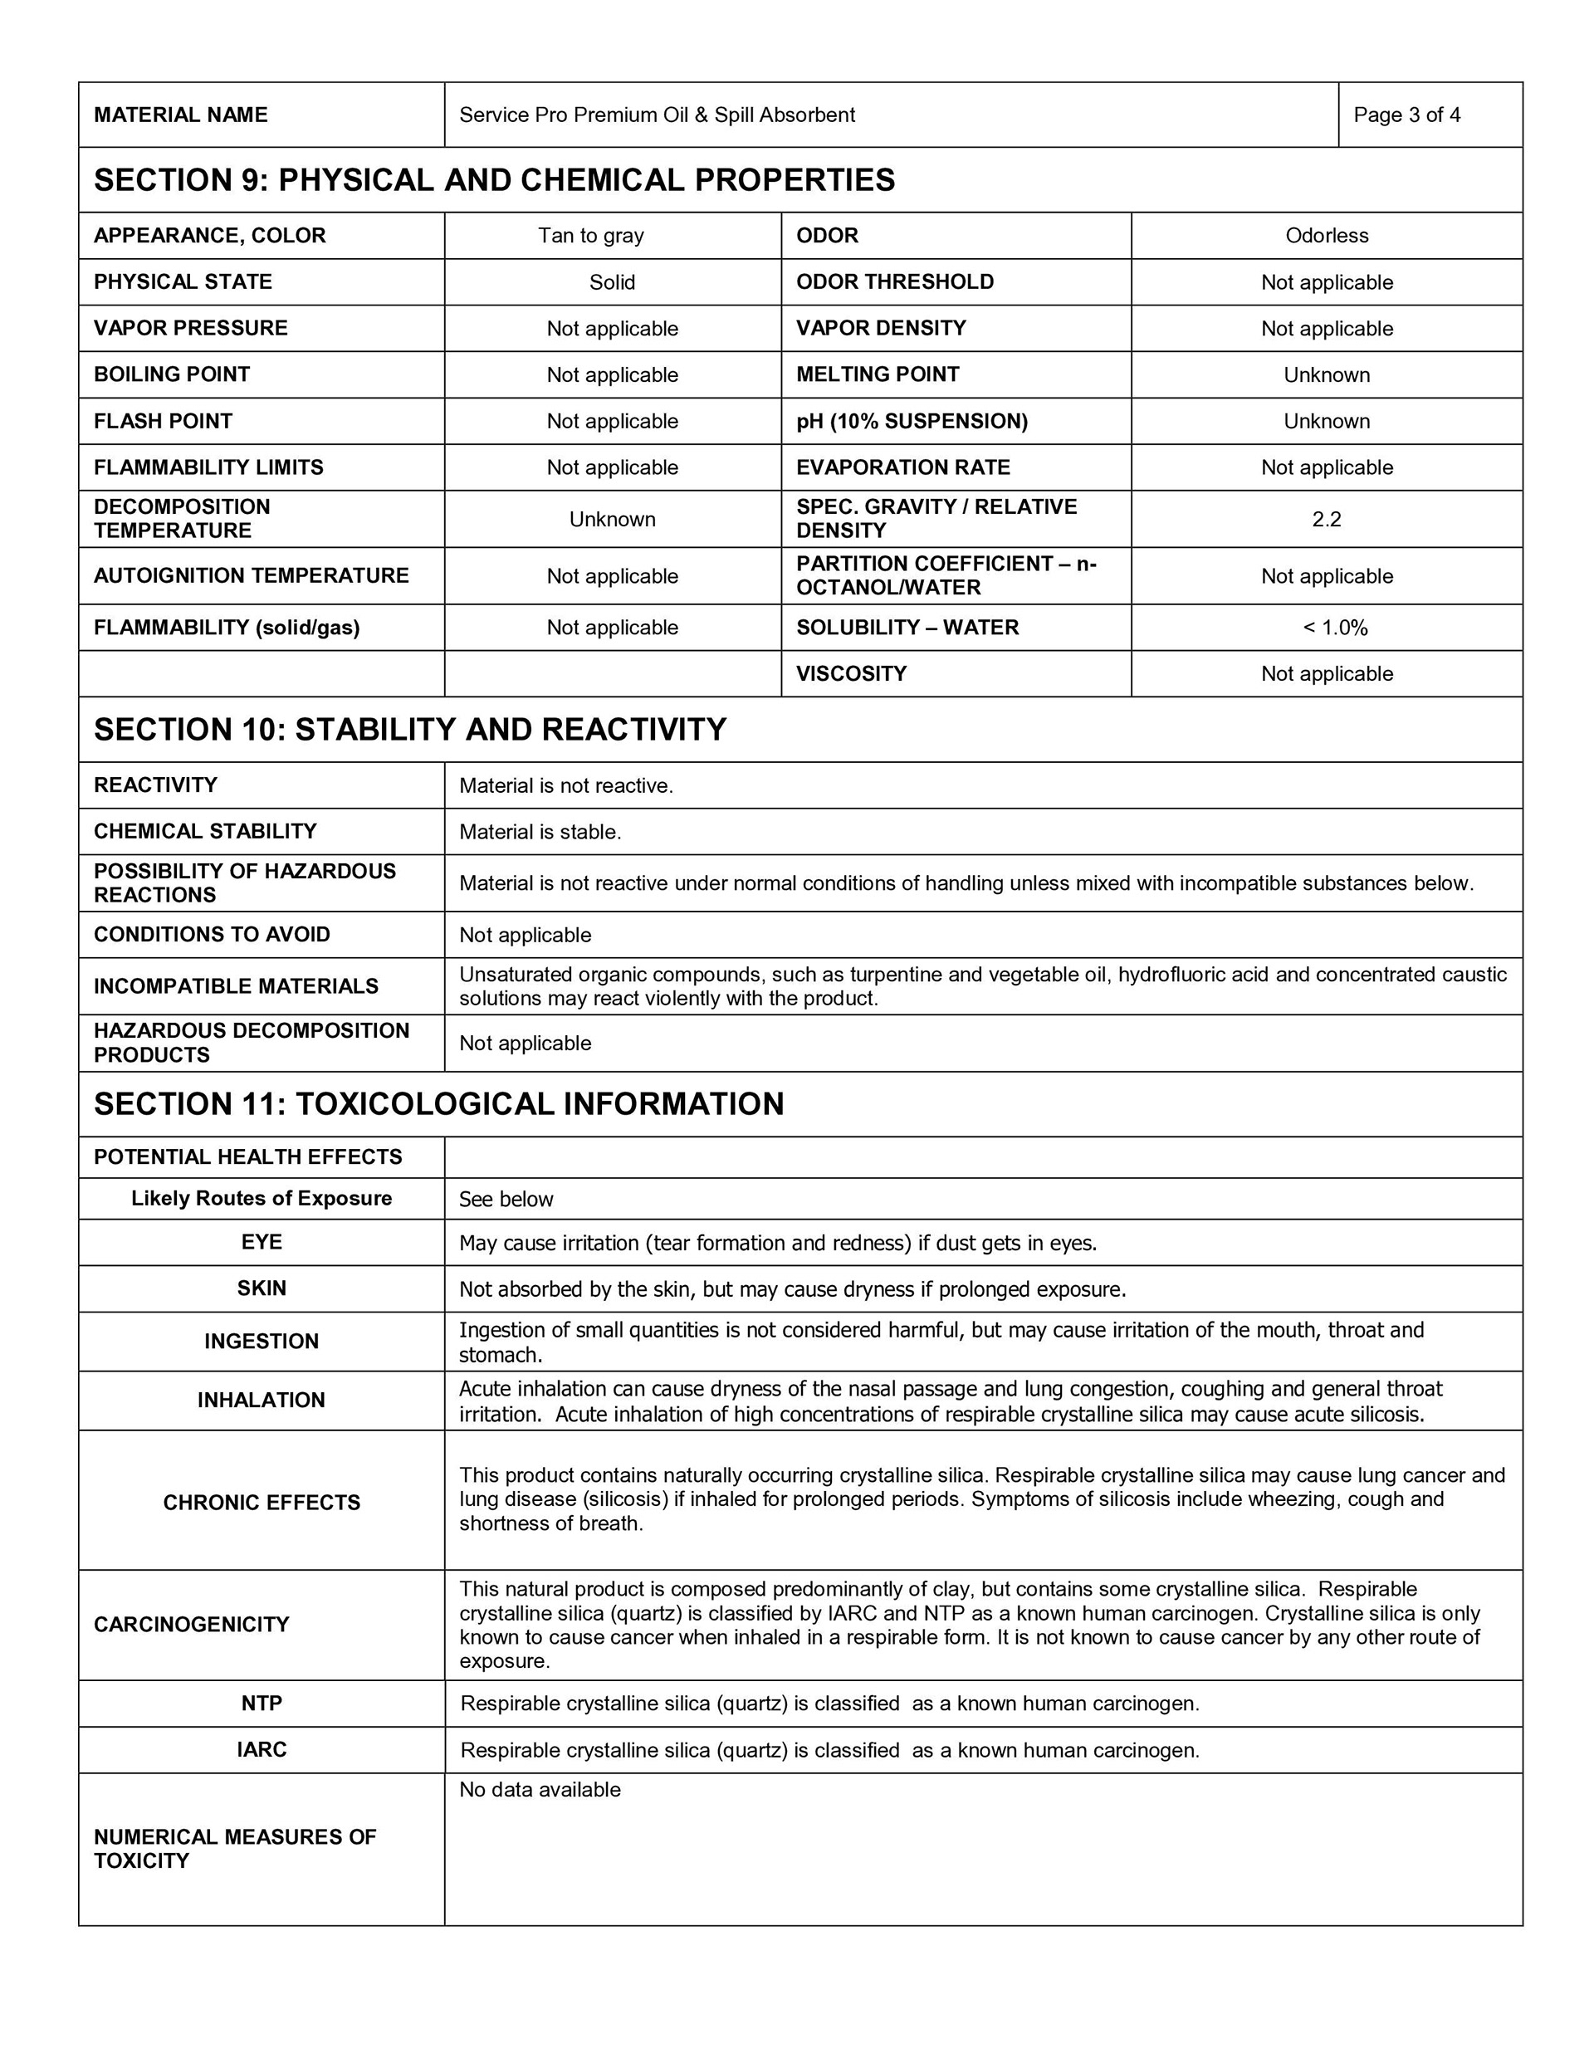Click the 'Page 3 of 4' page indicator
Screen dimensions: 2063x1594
pyautogui.click(x=1406, y=115)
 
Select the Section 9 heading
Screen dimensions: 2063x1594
pyautogui.click(x=494, y=180)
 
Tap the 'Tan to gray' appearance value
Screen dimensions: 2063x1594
pyautogui.click(x=590, y=236)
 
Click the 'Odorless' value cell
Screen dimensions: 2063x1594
pyautogui.click(x=1326, y=236)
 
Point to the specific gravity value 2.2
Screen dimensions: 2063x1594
pyautogui.click(x=1326, y=520)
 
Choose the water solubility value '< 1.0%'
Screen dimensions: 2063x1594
pyautogui.click(x=1334, y=628)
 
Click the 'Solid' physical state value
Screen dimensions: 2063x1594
pyautogui.click(x=611, y=282)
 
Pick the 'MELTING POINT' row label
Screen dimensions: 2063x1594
pyautogui.click(x=877, y=375)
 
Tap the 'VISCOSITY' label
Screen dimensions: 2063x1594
pyautogui.click(x=850, y=674)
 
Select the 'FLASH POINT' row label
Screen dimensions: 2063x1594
pyautogui.click(x=163, y=421)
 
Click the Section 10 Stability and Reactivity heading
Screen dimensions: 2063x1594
pyautogui.click(x=410, y=731)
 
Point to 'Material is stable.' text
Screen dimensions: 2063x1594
pyautogui.click(x=540, y=832)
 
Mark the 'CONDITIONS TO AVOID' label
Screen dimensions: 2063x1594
pyautogui.click(x=212, y=935)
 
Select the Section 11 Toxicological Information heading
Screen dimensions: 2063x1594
pyautogui.click(x=438, y=1104)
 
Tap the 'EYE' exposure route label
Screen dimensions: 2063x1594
pyautogui.click(x=261, y=1242)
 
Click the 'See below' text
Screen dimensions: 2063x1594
pyautogui.click(x=506, y=1200)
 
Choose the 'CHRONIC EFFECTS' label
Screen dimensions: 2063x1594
pyautogui.click(x=261, y=1503)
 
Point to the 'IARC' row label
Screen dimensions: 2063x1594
pyautogui.click(x=261, y=1750)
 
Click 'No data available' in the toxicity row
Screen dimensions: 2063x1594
pyautogui.click(x=540, y=1790)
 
